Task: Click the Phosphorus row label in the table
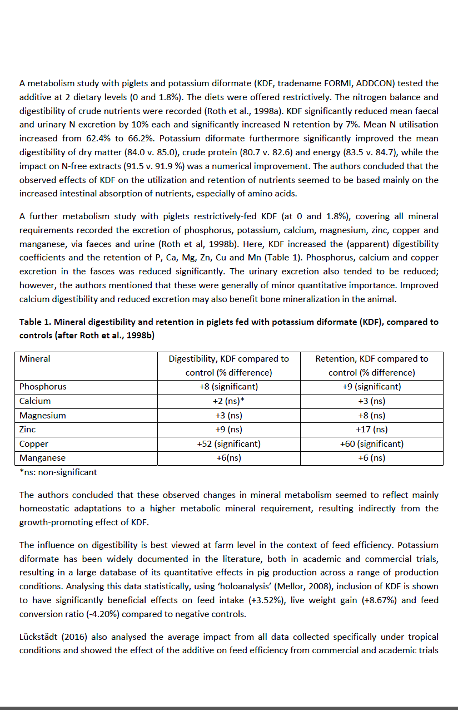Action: pos(43,387)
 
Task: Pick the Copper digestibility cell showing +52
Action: pos(228,444)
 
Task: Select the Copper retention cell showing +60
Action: pos(371,444)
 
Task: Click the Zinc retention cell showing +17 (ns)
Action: pos(371,430)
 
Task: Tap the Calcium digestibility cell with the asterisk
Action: pos(228,401)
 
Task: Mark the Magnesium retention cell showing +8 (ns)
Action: pos(371,415)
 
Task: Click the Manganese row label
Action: pos(42,458)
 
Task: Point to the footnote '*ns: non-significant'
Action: pos(58,472)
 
